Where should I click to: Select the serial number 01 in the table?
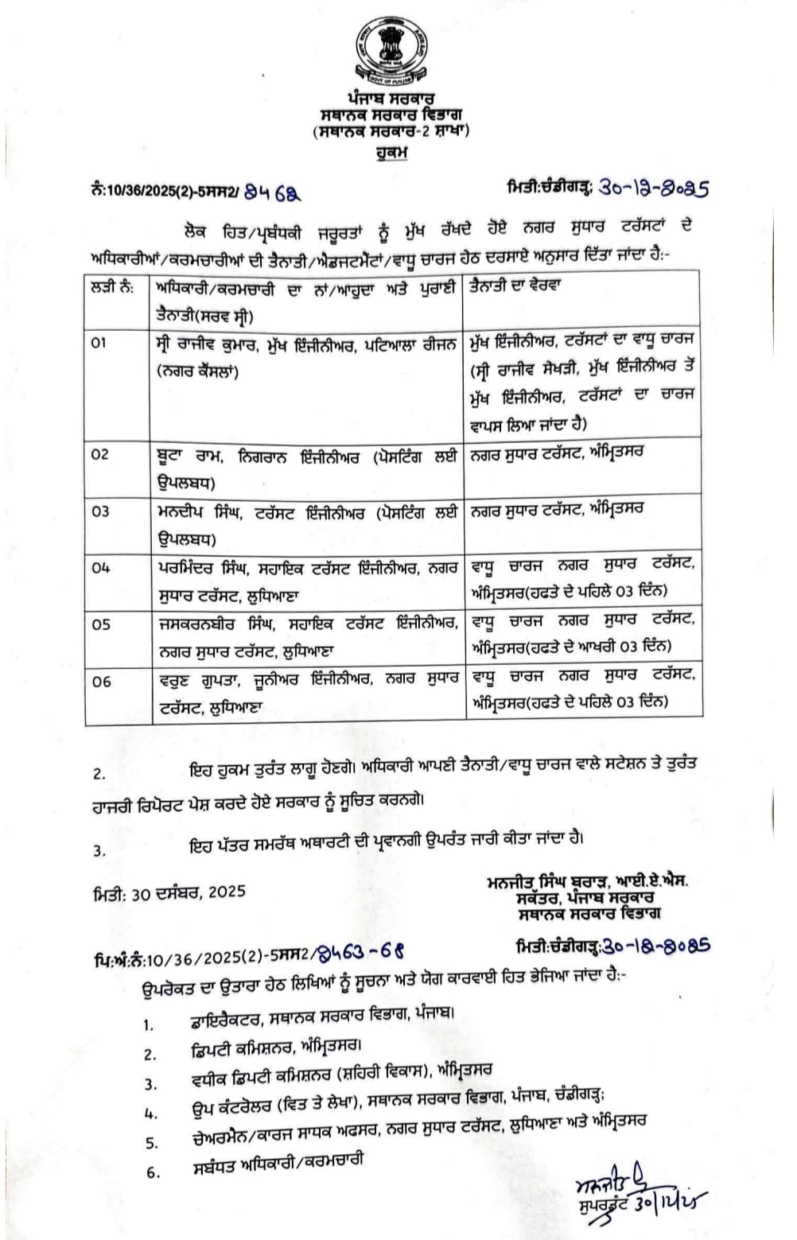(99, 343)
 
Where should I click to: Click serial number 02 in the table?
(100, 455)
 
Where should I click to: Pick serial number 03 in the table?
(100, 511)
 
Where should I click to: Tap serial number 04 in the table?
(100, 568)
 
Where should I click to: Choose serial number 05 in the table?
(101, 624)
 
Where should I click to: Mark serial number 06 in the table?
(101, 682)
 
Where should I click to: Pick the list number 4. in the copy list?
(151, 1114)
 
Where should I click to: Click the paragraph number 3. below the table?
(99, 850)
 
